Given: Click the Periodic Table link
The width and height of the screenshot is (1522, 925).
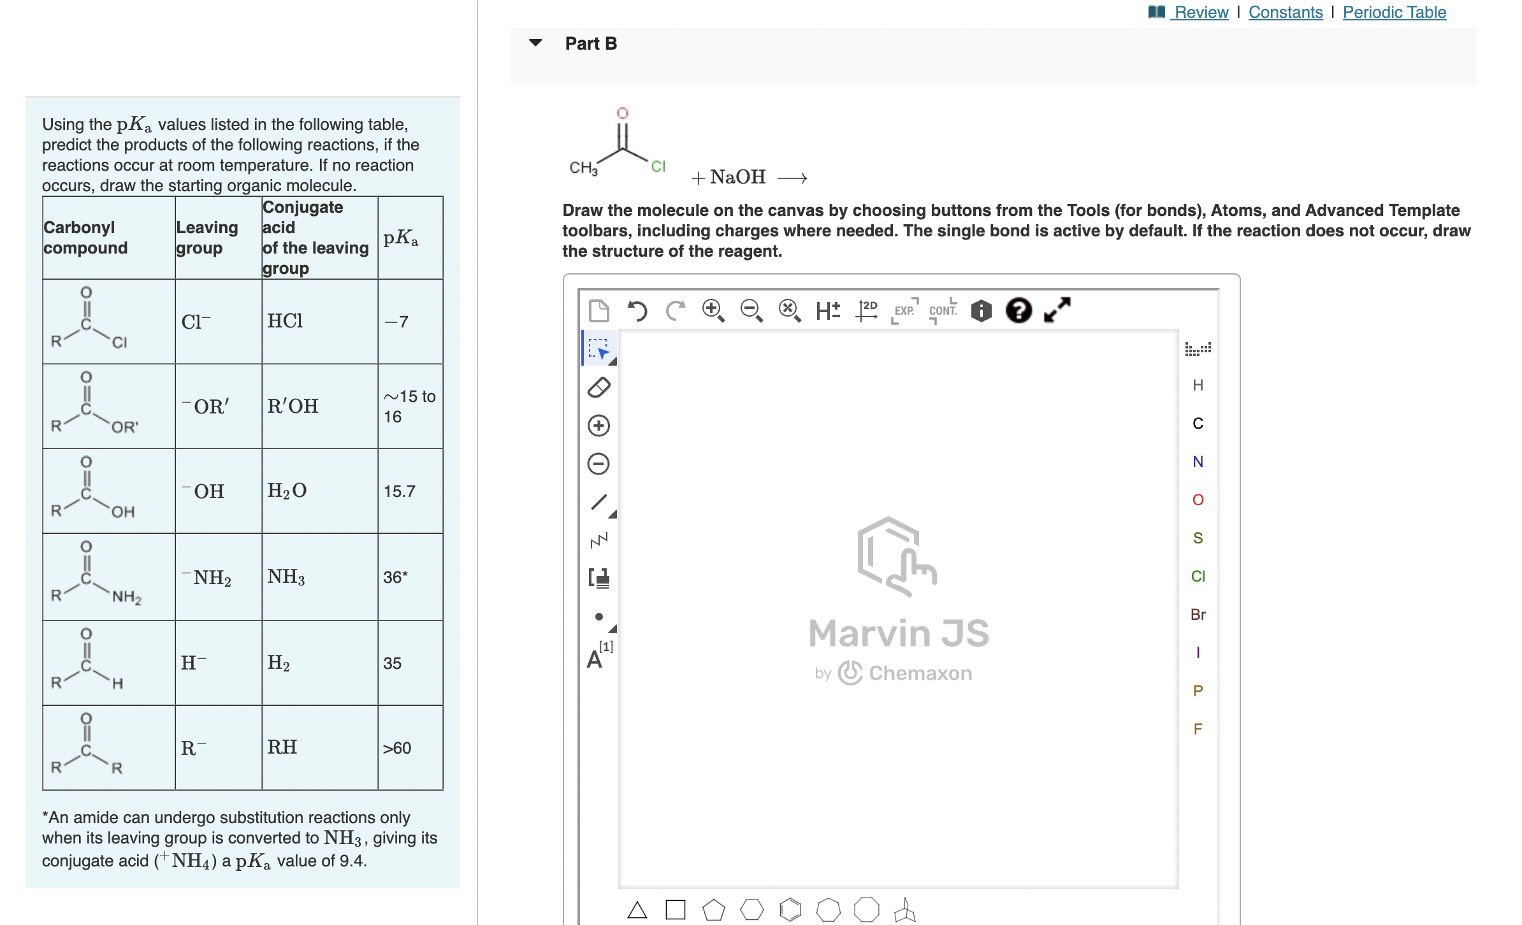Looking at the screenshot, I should (1394, 12).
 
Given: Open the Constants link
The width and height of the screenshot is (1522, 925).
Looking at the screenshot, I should (1285, 12).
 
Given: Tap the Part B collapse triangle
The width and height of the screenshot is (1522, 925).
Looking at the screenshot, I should (535, 43).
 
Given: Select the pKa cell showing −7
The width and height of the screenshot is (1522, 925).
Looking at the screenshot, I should (396, 322).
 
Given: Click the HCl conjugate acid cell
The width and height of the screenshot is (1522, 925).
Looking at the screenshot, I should (285, 321).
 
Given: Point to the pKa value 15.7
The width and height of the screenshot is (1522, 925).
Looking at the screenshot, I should (399, 491).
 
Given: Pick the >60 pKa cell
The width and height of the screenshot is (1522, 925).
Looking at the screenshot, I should (396, 748).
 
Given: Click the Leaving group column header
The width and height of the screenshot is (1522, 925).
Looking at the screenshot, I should (207, 238).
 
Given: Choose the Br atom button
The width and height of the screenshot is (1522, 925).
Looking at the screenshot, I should (1198, 614).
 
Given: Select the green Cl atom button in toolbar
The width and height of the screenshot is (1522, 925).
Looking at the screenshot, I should (1198, 576).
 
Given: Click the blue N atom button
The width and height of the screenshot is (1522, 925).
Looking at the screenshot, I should (1198, 461).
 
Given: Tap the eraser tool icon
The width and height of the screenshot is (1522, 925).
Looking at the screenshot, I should (598, 387).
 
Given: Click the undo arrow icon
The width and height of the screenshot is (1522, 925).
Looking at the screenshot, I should (637, 311).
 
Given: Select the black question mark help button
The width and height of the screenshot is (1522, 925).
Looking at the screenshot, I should (1018, 311).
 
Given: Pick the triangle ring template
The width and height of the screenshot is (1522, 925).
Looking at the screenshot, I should (637, 910).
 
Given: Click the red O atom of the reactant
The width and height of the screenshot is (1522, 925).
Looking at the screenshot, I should (622, 113).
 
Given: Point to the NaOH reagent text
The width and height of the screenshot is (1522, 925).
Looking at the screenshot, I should (737, 177).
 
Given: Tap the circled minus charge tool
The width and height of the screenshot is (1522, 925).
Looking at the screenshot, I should (598, 464).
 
